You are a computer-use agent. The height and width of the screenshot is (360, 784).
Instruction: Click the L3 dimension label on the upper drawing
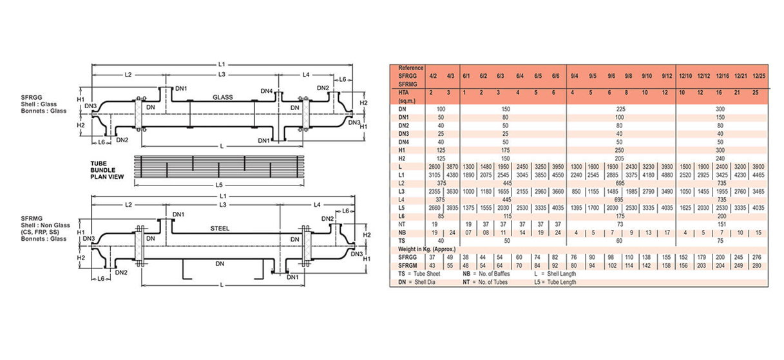click(x=221, y=75)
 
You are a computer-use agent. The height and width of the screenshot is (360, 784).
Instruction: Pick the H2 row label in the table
click(x=403, y=158)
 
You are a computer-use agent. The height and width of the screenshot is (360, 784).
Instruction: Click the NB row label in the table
click(x=403, y=232)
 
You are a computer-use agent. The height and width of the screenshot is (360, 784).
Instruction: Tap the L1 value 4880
click(x=667, y=175)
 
